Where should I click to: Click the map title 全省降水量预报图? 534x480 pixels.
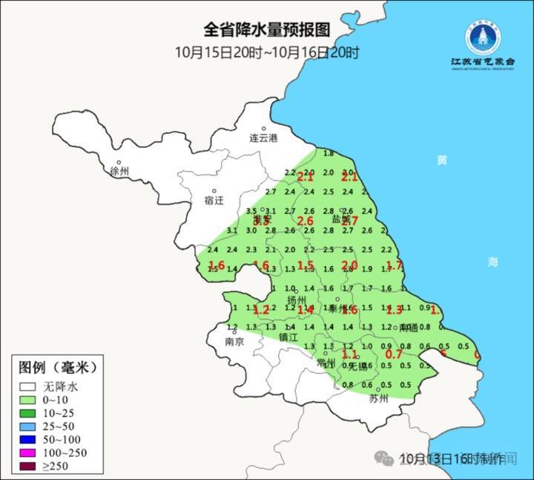point(267,30)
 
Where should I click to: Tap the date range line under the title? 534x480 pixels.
point(267,53)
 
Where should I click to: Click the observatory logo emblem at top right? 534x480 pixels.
point(482,36)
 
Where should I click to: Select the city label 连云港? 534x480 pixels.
point(263,138)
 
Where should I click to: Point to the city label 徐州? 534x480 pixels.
point(119,172)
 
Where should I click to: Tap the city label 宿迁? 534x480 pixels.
point(214,200)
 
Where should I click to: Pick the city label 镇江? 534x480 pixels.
point(288,337)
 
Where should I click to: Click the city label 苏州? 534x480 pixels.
point(378,398)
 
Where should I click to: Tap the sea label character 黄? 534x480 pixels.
point(442,160)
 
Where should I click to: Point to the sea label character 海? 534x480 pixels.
point(493,262)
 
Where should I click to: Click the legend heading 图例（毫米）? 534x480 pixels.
point(58,367)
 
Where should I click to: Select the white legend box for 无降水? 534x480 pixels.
point(28,386)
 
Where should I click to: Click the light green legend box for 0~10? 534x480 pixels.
point(28,400)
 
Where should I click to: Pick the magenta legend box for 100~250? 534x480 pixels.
point(28,453)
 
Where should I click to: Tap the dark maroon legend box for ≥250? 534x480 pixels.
point(28,467)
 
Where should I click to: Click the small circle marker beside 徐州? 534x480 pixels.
point(118,162)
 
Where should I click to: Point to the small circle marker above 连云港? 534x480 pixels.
point(263,129)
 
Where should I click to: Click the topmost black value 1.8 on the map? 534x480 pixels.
point(329,153)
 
